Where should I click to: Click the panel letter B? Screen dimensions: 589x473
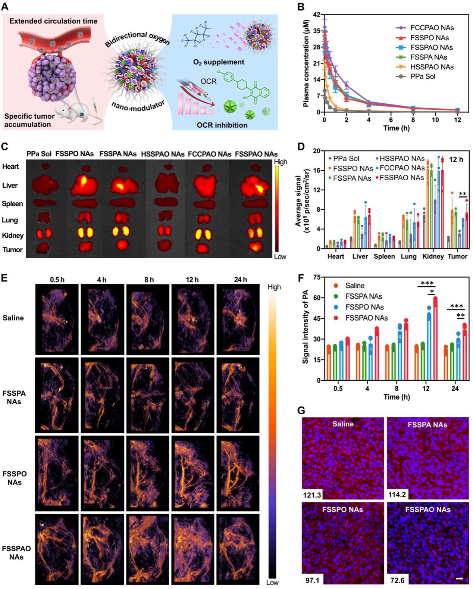tap(300, 6)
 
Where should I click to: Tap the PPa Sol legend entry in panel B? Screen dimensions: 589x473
tap(423, 77)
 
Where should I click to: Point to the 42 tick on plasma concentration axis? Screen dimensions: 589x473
tap(317, 15)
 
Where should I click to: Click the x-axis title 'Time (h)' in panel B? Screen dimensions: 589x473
tap(396, 128)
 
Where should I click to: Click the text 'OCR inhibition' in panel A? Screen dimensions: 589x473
tap(222, 125)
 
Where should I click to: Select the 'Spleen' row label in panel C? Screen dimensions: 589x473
tap(12, 204)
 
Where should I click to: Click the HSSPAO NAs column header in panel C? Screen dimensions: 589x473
tap(163, 154)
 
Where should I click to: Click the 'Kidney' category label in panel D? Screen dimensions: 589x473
tap(433, 256)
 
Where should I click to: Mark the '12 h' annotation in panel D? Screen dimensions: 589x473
tap(456, 160)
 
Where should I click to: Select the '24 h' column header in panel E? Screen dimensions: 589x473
tap(240, 280)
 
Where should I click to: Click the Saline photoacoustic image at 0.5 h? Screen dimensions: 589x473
tap(57, 319)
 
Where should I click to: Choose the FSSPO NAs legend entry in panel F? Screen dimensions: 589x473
tap(364, 307)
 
